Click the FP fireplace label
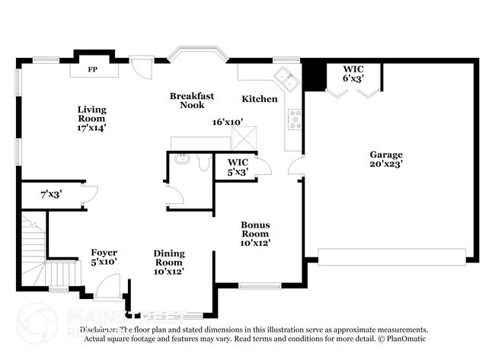[93, 70]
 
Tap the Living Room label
[91, 114]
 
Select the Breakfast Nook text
[192, 100]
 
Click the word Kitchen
[260, 99]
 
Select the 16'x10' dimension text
[228, 122]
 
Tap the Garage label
[386, 155]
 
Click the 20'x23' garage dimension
[386, 163]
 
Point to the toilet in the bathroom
[203, 162]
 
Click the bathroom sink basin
[181, 160]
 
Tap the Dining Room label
[168, 262]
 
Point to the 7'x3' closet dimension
[51, 194]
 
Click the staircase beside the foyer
[34, 251]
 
